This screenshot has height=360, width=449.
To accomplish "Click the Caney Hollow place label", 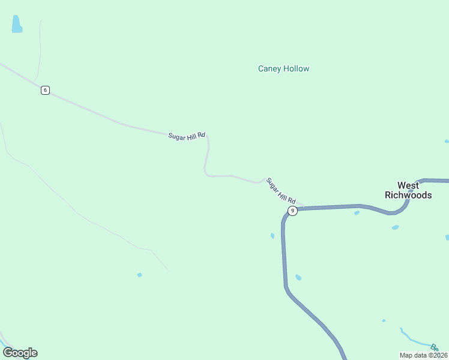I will [x=283, y=68].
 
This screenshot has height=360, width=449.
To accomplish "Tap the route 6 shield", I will [x=45, y=90].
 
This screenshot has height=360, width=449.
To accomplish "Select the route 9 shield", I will [x=292, y=211].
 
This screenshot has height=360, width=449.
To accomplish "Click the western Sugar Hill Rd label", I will [x=187, y=136].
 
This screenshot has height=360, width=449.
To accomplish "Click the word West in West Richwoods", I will [x=408, y=185].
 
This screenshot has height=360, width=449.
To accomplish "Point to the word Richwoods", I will [x=408, y=196].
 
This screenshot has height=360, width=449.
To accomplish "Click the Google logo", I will [x=20, y=353].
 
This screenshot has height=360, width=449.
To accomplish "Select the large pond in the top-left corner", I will [x=17, y=24].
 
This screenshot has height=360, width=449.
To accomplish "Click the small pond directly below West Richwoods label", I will [x=395, y=227].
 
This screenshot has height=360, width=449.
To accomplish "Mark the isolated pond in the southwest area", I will [x=139, y=275].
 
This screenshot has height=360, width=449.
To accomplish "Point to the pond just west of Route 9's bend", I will [x=273, y=236].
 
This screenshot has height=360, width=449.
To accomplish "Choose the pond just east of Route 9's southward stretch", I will [x=298, y=277].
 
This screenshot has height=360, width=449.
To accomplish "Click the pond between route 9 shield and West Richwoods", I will [x=357, y=212].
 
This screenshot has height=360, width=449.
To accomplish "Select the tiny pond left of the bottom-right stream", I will [x=384, y=320].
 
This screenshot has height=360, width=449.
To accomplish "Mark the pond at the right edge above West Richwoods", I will [x=447, y=141].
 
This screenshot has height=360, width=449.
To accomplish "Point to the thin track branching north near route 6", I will [x=40, y=48].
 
